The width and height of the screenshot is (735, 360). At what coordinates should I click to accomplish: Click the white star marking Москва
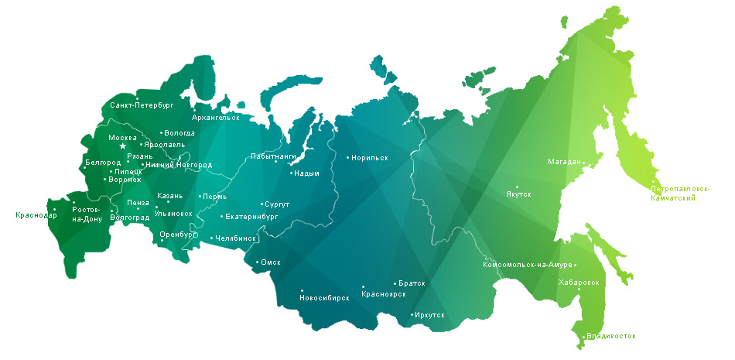point(122,146)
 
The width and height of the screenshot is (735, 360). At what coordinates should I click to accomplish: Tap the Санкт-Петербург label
point(142,104)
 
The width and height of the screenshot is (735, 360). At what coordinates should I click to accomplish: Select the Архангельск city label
point(215,118)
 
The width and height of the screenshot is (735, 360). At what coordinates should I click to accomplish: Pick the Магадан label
point(564,162)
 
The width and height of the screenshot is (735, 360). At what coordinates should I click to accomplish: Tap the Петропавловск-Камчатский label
point(680,194)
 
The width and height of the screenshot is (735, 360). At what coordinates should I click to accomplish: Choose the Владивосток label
point(611,336)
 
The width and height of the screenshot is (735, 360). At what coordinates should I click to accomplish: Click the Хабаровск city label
point(579,283)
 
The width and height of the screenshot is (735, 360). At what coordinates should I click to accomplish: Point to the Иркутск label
point(430,314)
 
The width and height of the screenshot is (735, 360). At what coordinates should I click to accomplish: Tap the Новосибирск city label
point(324,298)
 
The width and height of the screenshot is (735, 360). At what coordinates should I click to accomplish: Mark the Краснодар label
point(36,215)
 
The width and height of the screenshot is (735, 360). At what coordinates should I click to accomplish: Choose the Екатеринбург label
point(251,217)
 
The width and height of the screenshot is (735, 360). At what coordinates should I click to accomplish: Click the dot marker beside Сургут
point(262,204)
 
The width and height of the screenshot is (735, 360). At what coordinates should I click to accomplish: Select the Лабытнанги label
point(273,156)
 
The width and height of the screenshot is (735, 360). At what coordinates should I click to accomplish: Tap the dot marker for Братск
point(395,284)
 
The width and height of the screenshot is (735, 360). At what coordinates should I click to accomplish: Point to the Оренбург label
point(179,234)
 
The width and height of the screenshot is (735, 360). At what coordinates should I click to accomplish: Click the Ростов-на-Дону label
point(87,214)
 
